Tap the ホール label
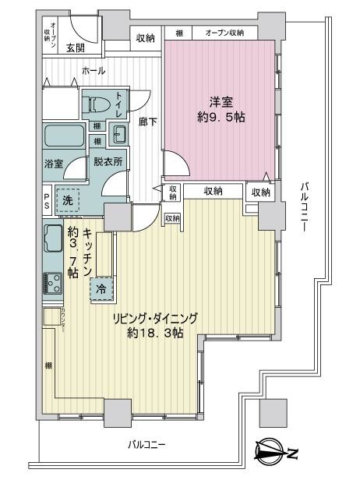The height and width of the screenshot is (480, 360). click(94, 71)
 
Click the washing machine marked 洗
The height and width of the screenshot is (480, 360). click(68, 199)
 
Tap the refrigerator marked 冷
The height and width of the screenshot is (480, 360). click(102, 288)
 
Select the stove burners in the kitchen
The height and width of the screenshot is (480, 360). click(53, 281)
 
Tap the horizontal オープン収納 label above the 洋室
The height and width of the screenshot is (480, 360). click(224, 33)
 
